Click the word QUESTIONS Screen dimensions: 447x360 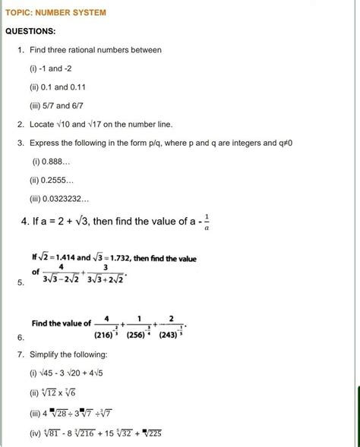31,31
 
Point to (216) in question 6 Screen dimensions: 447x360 105,333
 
